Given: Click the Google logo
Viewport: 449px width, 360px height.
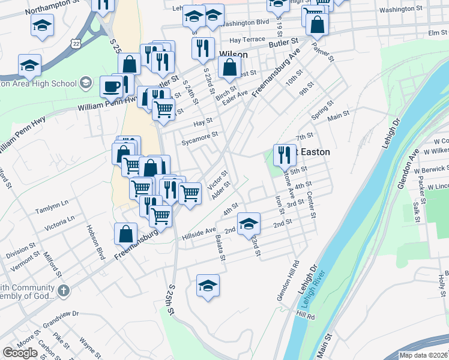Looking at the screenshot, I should pos(20,353).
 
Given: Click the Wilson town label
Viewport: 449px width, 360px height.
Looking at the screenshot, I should pos(234,54).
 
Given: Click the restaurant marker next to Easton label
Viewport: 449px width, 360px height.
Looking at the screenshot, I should pos(284,155).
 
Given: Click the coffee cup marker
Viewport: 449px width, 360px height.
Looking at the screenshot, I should pos(110,86).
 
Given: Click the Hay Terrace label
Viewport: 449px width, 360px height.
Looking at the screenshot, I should pos(243,40).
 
